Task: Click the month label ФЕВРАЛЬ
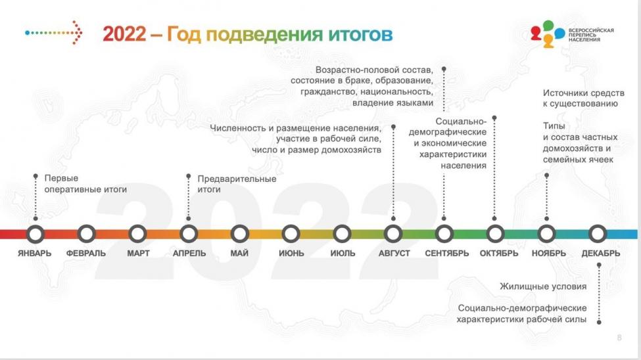point(86,254)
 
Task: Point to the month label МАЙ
point(239,254)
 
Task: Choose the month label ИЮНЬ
point(291,254)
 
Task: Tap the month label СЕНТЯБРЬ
point(447,254)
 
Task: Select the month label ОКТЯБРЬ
point(499,254)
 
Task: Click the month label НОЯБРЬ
point(548,254)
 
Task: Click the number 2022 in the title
point(124,34)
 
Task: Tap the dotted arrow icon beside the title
point(53,32)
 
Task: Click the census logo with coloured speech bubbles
point(572,34)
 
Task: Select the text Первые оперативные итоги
point(85,184)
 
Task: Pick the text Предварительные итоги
point(237,185)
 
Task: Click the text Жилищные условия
point(543,286)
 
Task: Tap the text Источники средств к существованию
point(583,99)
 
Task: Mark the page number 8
point(619,338)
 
